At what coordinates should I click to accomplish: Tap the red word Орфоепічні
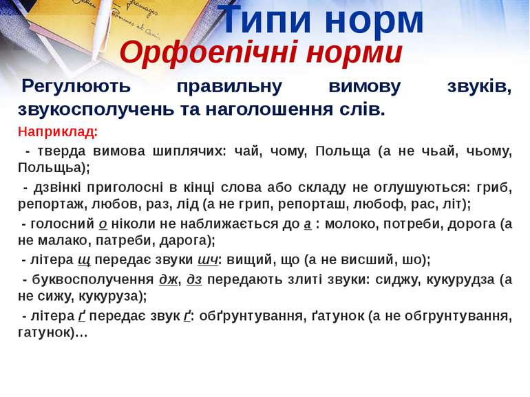[209, 53]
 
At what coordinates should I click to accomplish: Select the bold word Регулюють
[76, 87]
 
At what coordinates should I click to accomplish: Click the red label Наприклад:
[58, 132]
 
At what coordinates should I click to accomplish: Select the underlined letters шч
[208, 260]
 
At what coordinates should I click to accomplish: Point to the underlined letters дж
[168, 279]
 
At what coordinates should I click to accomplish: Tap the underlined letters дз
[194, 279]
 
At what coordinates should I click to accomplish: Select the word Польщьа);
[54, 168]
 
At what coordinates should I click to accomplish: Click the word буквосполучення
[93, 280]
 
